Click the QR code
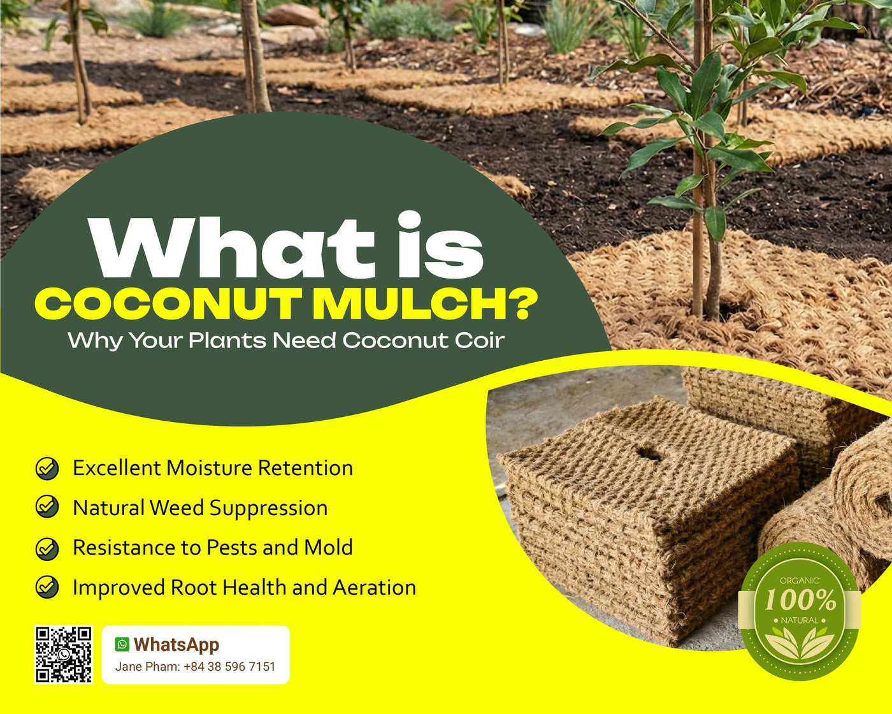point(63,654)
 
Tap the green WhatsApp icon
point(122,645)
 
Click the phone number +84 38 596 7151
point(229,667)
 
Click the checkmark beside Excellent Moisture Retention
point(47,468)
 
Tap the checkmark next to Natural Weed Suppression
point(47,507)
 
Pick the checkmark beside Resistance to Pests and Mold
point(47,548)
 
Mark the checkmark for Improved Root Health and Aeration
point(47,587)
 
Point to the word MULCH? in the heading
point(423,304)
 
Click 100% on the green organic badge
point(800,600)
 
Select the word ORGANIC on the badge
point(800,580)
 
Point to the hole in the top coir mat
point(649,453)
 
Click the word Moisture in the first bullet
point(208,468)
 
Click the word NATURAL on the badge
point(799,620)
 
